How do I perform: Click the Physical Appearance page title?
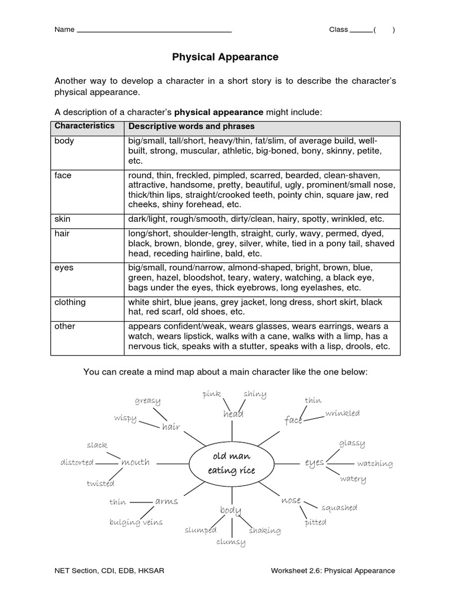point(225,58)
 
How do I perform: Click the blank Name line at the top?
point(154,31)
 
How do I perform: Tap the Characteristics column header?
point(85,126)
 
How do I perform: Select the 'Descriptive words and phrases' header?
point(191,127)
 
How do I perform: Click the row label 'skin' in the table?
point(62,219)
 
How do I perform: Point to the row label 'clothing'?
point(70,302)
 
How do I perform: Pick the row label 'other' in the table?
point(65,326)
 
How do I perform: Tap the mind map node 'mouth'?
point(135,462)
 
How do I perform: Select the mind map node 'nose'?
point(291,501)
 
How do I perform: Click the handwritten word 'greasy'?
point(147,401)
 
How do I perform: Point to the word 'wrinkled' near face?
point(342,413)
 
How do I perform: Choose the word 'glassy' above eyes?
point(352,443)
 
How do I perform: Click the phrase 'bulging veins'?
point(136,522)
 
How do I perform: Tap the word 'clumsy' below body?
point(231,542)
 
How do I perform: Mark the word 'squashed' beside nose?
point(339,508)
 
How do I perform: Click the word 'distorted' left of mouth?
point(77,462)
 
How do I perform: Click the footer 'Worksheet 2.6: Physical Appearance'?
point(333,570)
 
